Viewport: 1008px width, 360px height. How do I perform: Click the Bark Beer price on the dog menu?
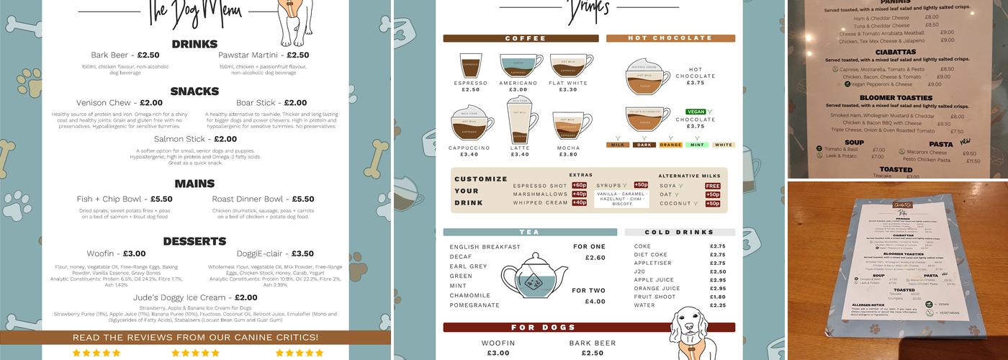[148, 55]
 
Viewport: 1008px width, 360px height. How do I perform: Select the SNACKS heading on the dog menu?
[194, 91]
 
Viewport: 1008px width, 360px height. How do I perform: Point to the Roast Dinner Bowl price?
[303, 199]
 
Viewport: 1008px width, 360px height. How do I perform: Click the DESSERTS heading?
[194, 241]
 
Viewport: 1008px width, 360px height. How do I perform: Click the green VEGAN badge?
[696, 112]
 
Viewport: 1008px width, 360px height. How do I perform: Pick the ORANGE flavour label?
[670, 145]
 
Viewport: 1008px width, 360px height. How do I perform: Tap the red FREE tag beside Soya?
[712, 186]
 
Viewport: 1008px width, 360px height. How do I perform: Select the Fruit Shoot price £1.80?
[717, 297]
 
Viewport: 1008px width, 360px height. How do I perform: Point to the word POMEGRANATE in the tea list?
[474, 305]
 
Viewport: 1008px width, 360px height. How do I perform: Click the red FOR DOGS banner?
[589, 328]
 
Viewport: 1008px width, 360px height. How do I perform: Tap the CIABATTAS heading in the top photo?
[895, 52]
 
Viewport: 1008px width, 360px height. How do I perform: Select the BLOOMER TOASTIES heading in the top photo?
[895, 97]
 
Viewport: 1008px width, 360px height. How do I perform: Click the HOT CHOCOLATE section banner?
[670, 38]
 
